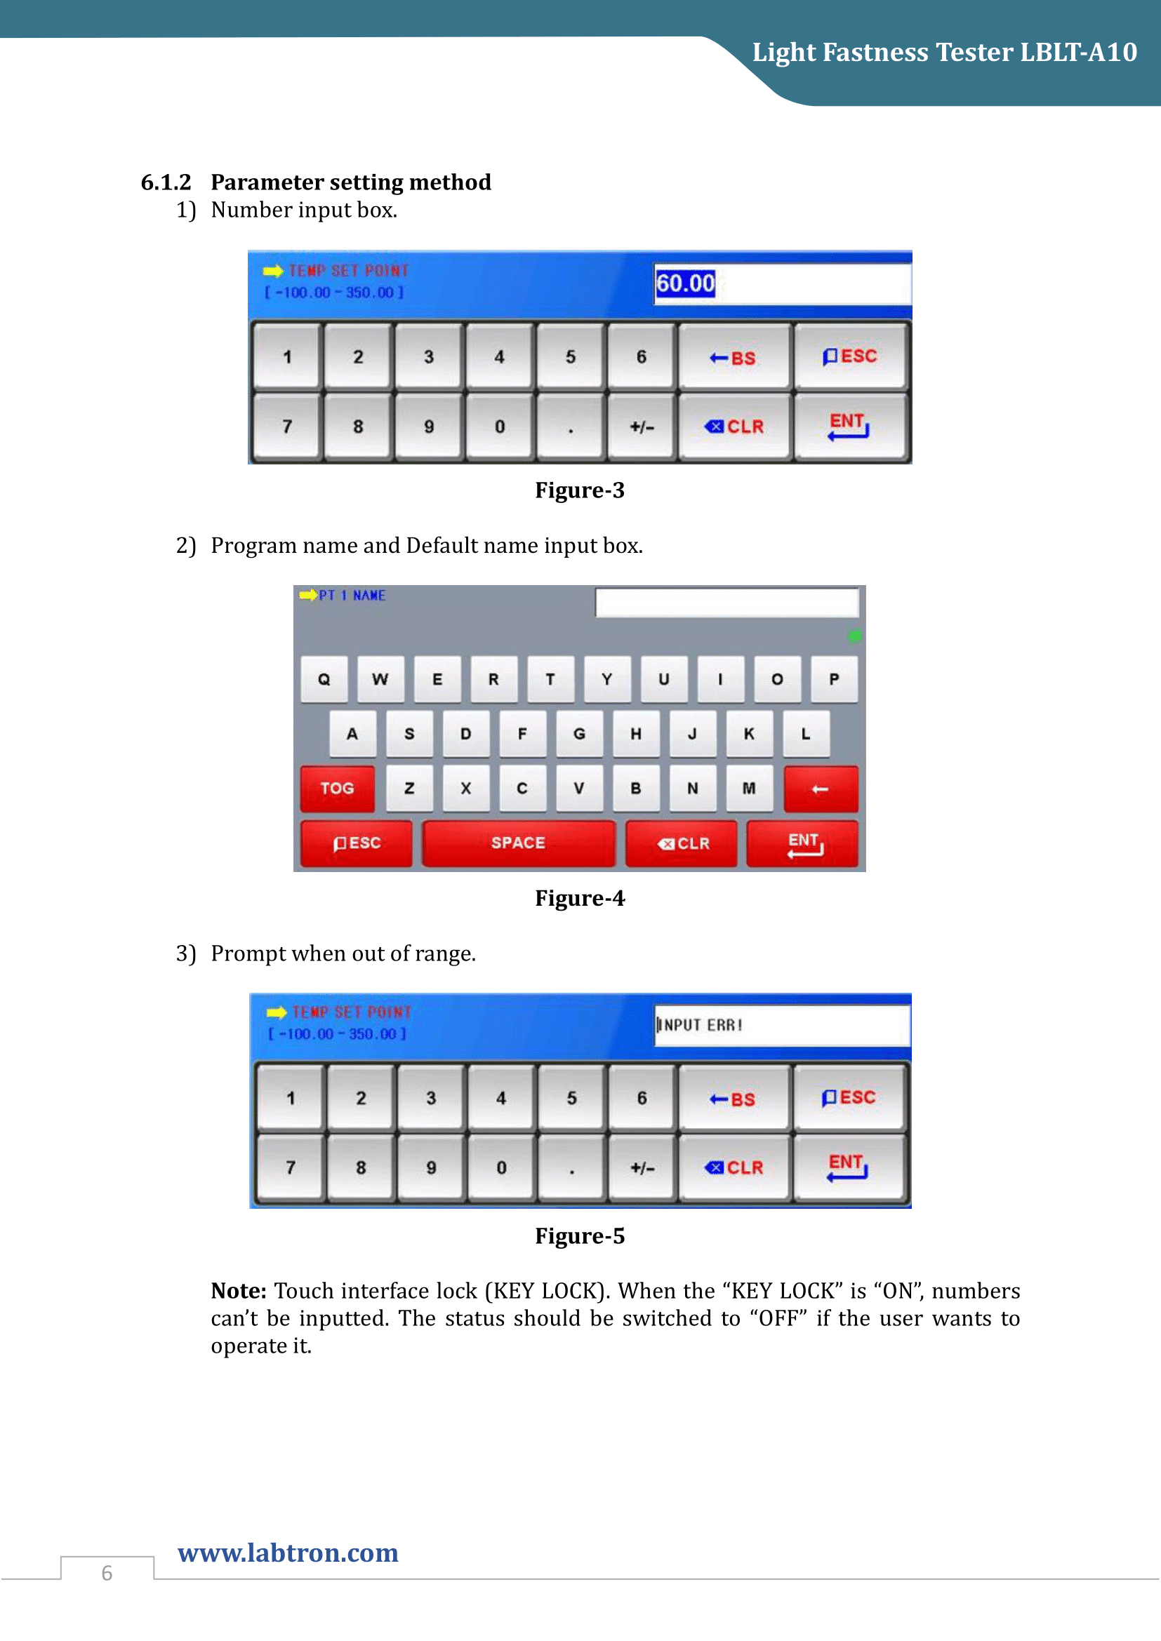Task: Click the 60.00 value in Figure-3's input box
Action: click(685, 283)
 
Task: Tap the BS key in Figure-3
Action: click(734, 356)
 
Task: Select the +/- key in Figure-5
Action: click(642, 1168)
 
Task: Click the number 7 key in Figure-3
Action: click(286, 427)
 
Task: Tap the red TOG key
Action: click(337, 789)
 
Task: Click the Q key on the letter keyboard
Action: click(324, 679)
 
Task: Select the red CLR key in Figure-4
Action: click(682, 843)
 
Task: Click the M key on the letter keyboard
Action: click(748, 789)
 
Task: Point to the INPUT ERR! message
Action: click(700, 1025)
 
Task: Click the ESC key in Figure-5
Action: click(849, 1097)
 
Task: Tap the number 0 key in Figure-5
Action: click(501, 1168)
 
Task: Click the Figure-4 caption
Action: click(580, 898)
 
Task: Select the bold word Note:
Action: click(238, 1291)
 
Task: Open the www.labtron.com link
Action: click(288, 1553)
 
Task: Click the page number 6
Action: click(107, 1573)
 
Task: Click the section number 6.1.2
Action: click(166, 182)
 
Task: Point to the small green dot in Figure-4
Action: click(854, 636)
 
